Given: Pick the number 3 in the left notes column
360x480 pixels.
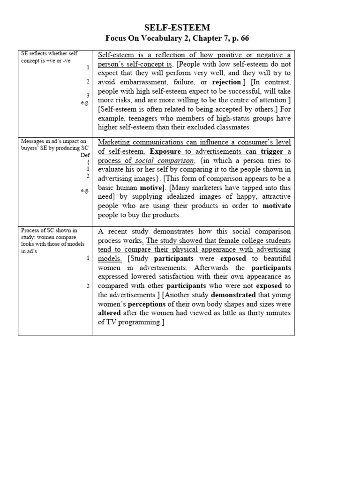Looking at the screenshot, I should (88, 95).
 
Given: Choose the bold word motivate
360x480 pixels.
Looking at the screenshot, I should (277, 206).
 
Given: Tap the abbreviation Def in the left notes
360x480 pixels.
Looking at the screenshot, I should (85, 154).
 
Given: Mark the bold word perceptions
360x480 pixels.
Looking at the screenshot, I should (150, 304).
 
